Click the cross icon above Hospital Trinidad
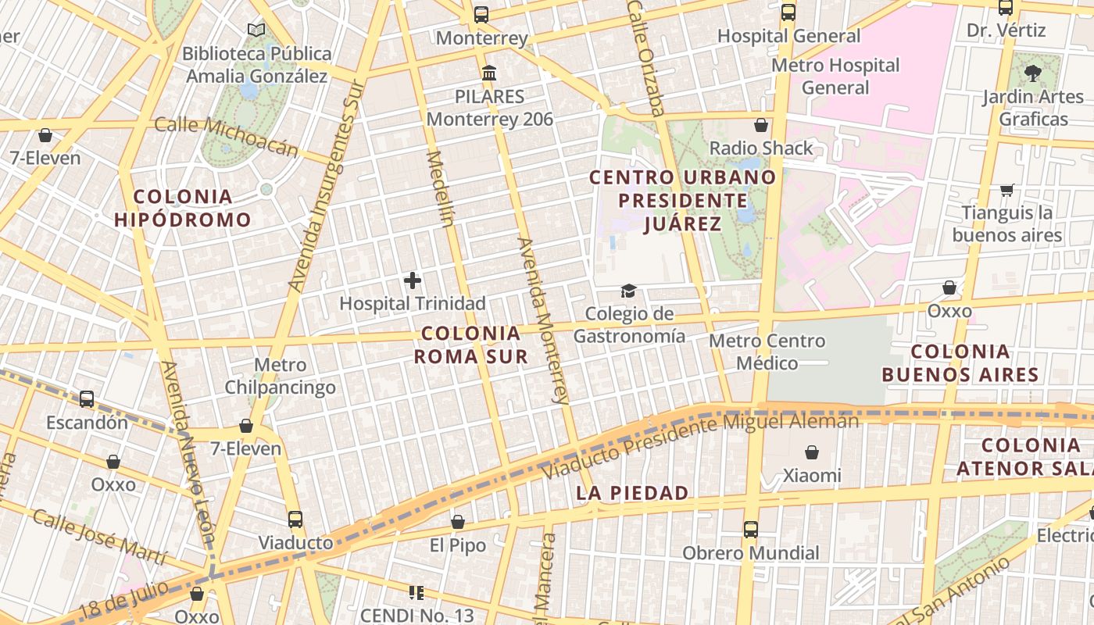(413, 280)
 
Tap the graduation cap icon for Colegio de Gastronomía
(628, 291)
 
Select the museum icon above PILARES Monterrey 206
(489, 73)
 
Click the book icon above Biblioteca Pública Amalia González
(256, 30)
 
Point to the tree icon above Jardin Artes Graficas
(1033, 73)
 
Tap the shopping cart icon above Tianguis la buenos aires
(1007, 190)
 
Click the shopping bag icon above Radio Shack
(761, 125)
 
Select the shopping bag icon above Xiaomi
(812, 452)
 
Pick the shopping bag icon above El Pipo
(458, 522)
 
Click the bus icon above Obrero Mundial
(751, 530)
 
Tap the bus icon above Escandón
(87, 399)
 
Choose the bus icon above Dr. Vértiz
(1006, 8)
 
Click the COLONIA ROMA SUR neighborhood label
(470, 345)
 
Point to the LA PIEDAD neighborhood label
(632, 493)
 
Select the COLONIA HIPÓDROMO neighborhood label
(183, 208)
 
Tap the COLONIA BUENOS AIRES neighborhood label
(960, 363)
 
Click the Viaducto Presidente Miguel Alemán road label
(701, 444)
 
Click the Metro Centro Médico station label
(767, 352)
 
